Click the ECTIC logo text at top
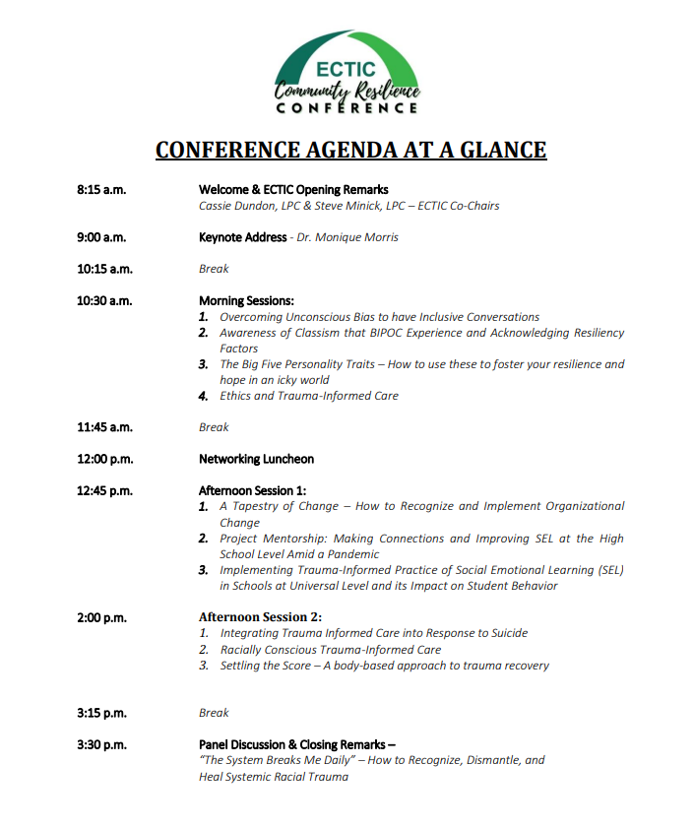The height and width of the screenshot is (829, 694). (346, 69)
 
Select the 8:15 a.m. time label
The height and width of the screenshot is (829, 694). (101, 190)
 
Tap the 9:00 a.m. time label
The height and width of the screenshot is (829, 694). (101, 237)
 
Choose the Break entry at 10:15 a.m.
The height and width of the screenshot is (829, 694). (214, 269)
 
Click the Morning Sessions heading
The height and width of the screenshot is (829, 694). (246, 300)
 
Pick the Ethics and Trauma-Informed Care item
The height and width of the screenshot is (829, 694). (309, 396)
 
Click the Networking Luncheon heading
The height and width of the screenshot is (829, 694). (257, 459)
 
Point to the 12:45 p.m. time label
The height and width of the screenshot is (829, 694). (104, 490)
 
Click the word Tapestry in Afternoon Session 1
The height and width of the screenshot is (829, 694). (262, 506)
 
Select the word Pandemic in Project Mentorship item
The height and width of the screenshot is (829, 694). (349, 554)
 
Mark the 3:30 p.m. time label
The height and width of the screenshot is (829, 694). (101, 744)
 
